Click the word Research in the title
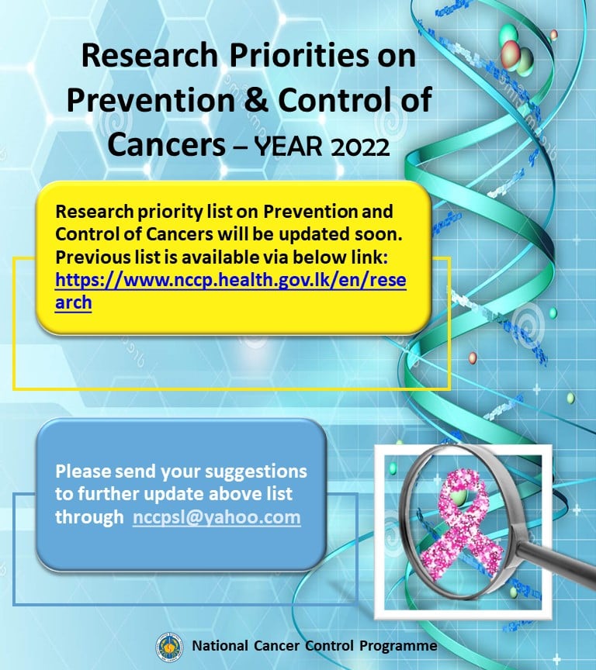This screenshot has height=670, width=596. [x=149, y=56]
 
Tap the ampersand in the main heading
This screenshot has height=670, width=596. [x=256, y=100]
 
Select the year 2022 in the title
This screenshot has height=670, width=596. [x=360, y=147]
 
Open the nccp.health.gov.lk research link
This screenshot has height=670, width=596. [x=230, y=291]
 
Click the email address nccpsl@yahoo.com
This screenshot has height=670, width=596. [x=217, y=517]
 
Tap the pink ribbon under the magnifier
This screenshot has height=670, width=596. [x=463, y=530]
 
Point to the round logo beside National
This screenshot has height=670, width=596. [x=169, y=648]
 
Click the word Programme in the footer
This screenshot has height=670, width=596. [x=398, y=646]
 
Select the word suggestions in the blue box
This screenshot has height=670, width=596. [x=256, y=472]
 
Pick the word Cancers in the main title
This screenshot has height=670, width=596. [x=167, y=144]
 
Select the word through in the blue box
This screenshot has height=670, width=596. [x=89, y=517]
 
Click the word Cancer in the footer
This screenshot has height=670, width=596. [x=276, y=645]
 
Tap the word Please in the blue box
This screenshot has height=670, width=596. [x=82, y=471]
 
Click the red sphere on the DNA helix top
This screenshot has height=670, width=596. [x=511, y=55]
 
